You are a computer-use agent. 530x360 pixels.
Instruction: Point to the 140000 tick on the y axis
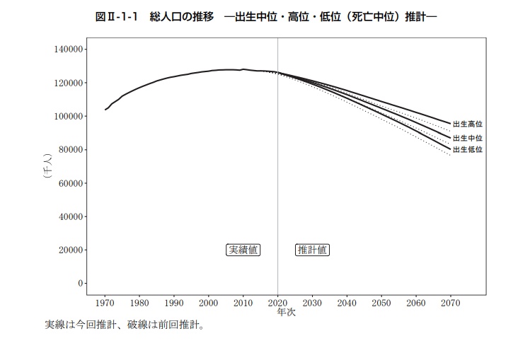click(69, 50)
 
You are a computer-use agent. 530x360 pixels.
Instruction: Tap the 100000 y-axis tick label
click(69, 116)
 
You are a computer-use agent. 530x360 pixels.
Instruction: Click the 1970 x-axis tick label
click(105, 303)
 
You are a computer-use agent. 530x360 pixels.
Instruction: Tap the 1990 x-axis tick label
click(174, 303)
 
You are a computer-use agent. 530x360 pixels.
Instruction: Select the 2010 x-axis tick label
click(243, 303)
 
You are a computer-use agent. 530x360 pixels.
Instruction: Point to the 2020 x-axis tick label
click(277, 303)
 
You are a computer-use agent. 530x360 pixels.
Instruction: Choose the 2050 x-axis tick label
click(381, 303)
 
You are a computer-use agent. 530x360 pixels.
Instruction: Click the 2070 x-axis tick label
click(450, 303)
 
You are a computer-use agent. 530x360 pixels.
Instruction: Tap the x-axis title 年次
click(286, 313)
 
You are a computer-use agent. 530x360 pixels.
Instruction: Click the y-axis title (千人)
click(47, 167)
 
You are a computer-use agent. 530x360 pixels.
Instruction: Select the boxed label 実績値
click(243, 250)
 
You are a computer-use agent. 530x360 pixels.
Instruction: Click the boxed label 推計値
click(312, 250)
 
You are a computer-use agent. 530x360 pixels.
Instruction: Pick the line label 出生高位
click(467, 124)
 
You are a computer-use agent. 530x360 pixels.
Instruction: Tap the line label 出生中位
click(467, 139)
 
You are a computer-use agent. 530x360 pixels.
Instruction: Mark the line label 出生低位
click(467, 150)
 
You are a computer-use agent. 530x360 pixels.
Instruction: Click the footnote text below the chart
click(125, 326)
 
